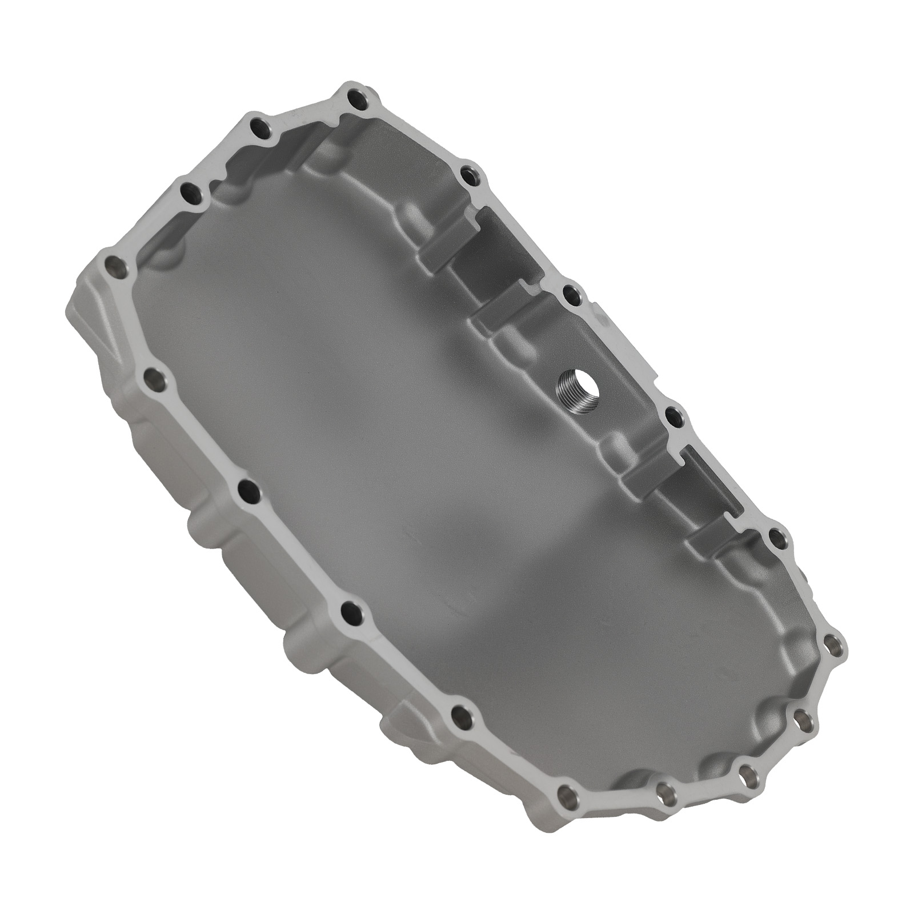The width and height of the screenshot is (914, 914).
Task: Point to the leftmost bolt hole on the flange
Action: click(118, 266)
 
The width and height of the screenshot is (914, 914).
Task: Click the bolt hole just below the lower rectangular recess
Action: click(776, 537)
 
